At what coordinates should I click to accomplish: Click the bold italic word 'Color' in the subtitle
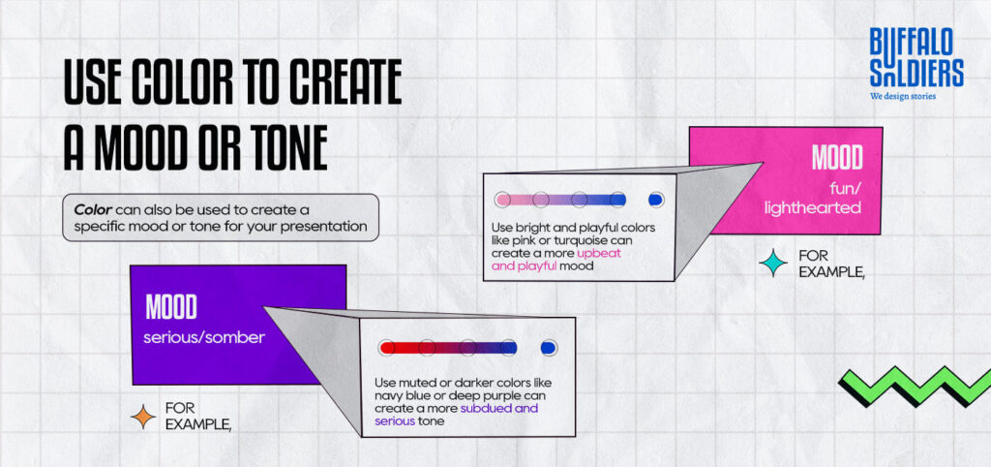[x=94, y=209]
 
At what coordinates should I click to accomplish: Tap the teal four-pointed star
[x=772, y=263]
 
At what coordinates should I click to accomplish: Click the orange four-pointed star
[x=143, y=416]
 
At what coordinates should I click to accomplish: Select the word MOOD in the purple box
[x=171, y=308]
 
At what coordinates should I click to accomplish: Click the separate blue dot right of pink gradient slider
[x=655, y=200]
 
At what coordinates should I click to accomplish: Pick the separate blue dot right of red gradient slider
[x=549, y=347]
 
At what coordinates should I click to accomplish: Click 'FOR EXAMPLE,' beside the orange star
[x=197, y=416]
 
